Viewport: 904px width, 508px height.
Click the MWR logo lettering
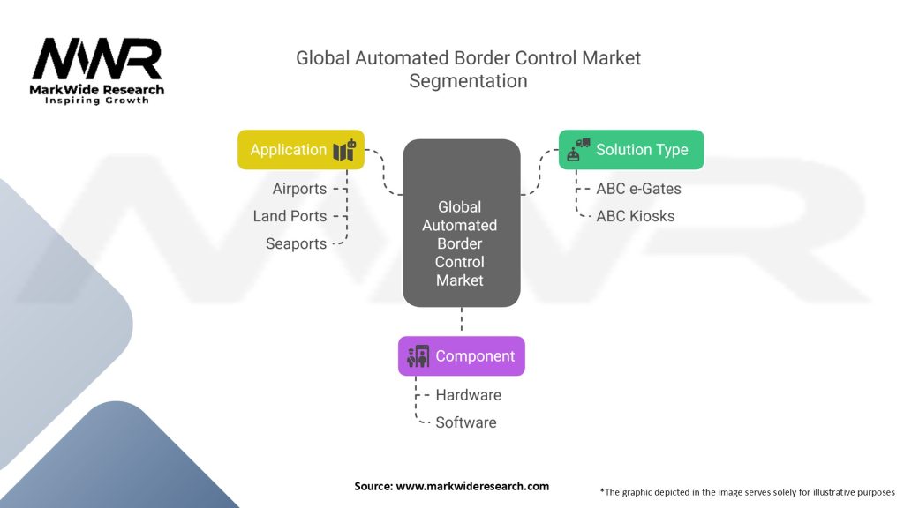[x=97, y=59]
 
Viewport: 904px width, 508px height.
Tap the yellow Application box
[x=301, y=150]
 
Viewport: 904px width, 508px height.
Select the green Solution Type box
[x=631, y=150]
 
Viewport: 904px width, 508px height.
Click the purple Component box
[x=462, y=356]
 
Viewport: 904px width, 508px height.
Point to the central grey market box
[x=461, y=223]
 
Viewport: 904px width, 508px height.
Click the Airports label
[x=299, y=189]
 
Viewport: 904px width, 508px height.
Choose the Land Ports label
[x=290, y=216]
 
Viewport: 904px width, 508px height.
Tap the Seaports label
[x=296, y=243]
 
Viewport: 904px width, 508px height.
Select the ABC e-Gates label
[x=638, y=189]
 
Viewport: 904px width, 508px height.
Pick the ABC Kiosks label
[x=636, y=216]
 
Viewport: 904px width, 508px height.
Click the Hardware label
[x=468, y=395]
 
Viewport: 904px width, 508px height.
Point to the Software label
[x=466, y=422]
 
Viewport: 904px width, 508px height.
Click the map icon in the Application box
[x=345, y=150]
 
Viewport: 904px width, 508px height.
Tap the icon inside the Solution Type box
[x=578, y=150]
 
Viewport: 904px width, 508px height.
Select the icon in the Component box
[x=418, y=356]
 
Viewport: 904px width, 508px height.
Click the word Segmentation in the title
[x=468, y=81]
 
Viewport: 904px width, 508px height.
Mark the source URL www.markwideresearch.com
[x=472, y=486]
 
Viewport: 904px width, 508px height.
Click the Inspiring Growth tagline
[x=97, y=101]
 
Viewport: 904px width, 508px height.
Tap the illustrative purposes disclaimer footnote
[x=747, y=492]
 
